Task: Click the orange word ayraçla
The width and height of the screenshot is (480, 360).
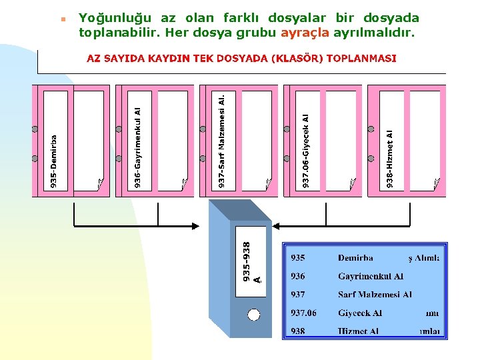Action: click(305, 32)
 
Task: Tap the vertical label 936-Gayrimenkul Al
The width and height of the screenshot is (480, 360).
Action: click(137, 146)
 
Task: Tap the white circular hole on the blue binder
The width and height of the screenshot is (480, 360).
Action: click(253, 315)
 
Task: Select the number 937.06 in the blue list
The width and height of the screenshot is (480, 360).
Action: click(303, 313)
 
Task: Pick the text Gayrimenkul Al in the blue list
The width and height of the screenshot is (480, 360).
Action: click(371, 276)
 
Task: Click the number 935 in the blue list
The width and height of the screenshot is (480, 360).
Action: click(297, 257)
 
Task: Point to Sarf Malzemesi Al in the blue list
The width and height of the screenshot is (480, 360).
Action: click(375, 294)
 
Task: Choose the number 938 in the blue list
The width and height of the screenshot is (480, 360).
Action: click(297, 331)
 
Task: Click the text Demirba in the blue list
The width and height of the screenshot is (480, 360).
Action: click(355, 257)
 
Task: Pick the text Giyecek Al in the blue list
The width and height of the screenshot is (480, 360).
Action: click(360, 313)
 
